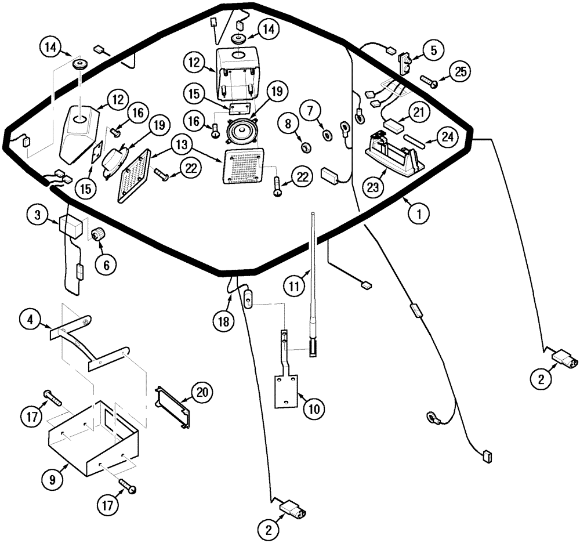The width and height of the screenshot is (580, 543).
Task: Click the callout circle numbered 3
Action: [x=37, y=215]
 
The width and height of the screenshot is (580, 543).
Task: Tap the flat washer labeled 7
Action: [x=327, y=135]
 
